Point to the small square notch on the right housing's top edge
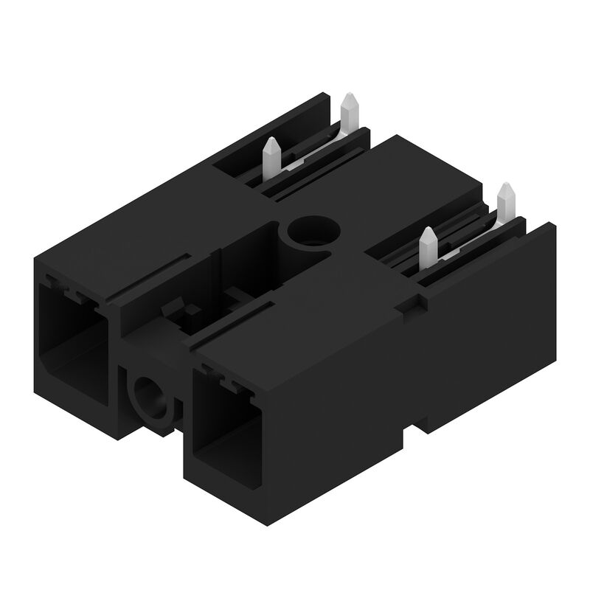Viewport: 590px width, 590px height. pos(411,303)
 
